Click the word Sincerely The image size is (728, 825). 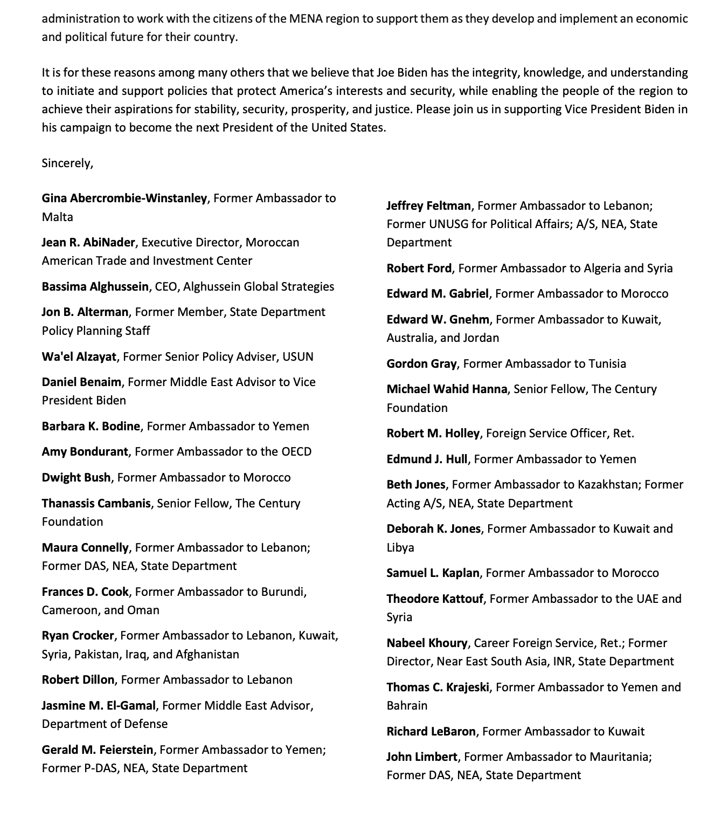click(x=67, y=163)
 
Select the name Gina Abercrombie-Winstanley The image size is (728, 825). click(x=124, y=198)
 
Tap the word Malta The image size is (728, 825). click(x=57, y=217)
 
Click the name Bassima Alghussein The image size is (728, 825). click(x=95, y=286)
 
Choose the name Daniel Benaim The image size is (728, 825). click(x=81, y=382)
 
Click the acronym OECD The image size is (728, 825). click(x=296, y=451)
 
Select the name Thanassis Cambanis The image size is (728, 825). click(x=96, y=503)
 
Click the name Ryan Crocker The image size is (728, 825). click(x=78, y=635)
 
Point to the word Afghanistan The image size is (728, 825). click(x=207, y=654)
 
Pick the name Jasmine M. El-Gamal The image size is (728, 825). click(x=99, y=705)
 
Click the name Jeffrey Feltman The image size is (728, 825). click(x=428, y=205)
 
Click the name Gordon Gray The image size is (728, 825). click(x=421, y=363)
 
